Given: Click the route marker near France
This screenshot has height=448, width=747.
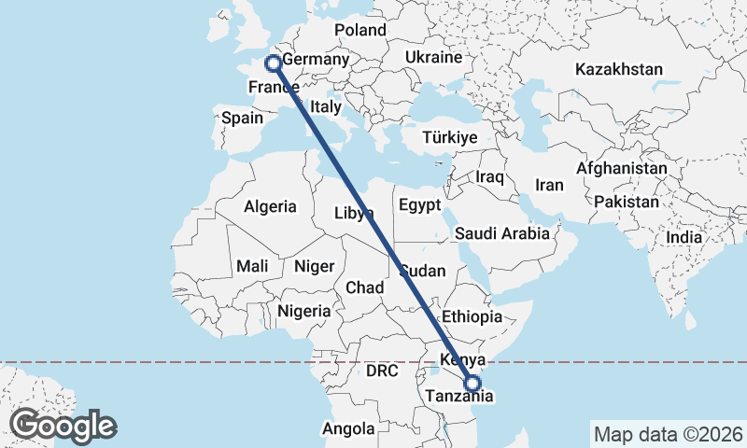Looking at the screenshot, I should pyautogui.click(x=274, y=63).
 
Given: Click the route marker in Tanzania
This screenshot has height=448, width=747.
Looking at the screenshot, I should pyautogui.click(x=472, y=383).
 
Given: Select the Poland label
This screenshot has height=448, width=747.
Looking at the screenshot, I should pyautogui.click(x=359, y=30).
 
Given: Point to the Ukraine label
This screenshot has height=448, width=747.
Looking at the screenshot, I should pyautogui.click(x=433, y=58).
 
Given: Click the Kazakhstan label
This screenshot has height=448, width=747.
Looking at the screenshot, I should pyautogui.click(x=619, y=70).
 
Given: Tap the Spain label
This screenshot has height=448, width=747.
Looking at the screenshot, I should pyautogui.click(x=242, y=119).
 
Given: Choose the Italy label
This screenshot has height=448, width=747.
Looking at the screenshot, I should pyautogui.click(x=326, y=106).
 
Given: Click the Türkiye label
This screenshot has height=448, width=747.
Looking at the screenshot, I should pyautogui.click(x=450, y=137).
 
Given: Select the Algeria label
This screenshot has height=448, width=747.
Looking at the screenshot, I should pyautogui.click(x=270, y=207).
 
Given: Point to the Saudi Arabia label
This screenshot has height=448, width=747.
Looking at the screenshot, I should pyautogui.click(x=502, y=233).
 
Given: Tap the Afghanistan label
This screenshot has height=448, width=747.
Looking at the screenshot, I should pyautogui.click(x=622, y=169).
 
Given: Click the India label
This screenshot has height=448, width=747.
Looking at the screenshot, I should pyautogui.click(x=684, y=238).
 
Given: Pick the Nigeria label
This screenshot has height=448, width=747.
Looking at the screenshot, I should pyautogui.click(x=304, y=311).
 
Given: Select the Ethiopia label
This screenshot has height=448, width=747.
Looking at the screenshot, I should pyautogui.click(x=472, y=316).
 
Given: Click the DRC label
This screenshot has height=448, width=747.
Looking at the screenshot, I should pyautogui.click(x=382, y=371).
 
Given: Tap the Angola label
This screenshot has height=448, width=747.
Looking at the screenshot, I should pyautogui.click(x=348, y=429).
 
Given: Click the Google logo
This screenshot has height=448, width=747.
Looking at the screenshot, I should pyautogui.click(x=63, y=426).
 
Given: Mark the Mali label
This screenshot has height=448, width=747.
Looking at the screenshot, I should pyautogui.click(x=252, y=266).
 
